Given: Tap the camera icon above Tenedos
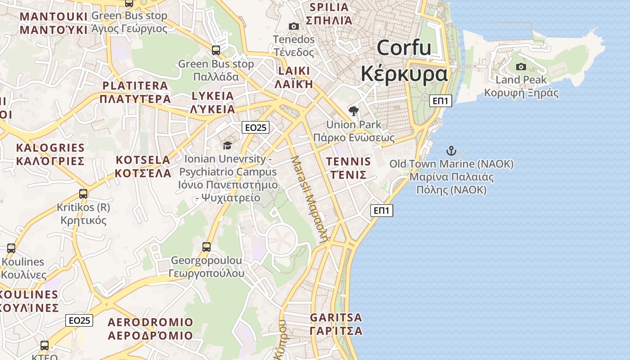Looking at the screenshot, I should (x=294, y=27).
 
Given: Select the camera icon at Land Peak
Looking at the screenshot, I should (x=521, y=67).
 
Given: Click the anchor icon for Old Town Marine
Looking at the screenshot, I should (x=451, y=151).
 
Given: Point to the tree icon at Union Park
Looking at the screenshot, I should (x=354, y=111).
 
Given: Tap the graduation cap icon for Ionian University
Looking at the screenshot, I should (x=227, y=145).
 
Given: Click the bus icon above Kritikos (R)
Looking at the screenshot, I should (x=83, y=194).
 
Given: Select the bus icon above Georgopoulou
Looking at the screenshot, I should (x=207, y=247).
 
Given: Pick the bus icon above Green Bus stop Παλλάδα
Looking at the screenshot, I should (x=216, y=50).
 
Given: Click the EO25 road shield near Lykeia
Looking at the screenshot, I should (x=255, y=127).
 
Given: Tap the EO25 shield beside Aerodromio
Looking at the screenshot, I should (x=79, y=320).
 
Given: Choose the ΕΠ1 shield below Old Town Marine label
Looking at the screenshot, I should (x=382, y=210).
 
